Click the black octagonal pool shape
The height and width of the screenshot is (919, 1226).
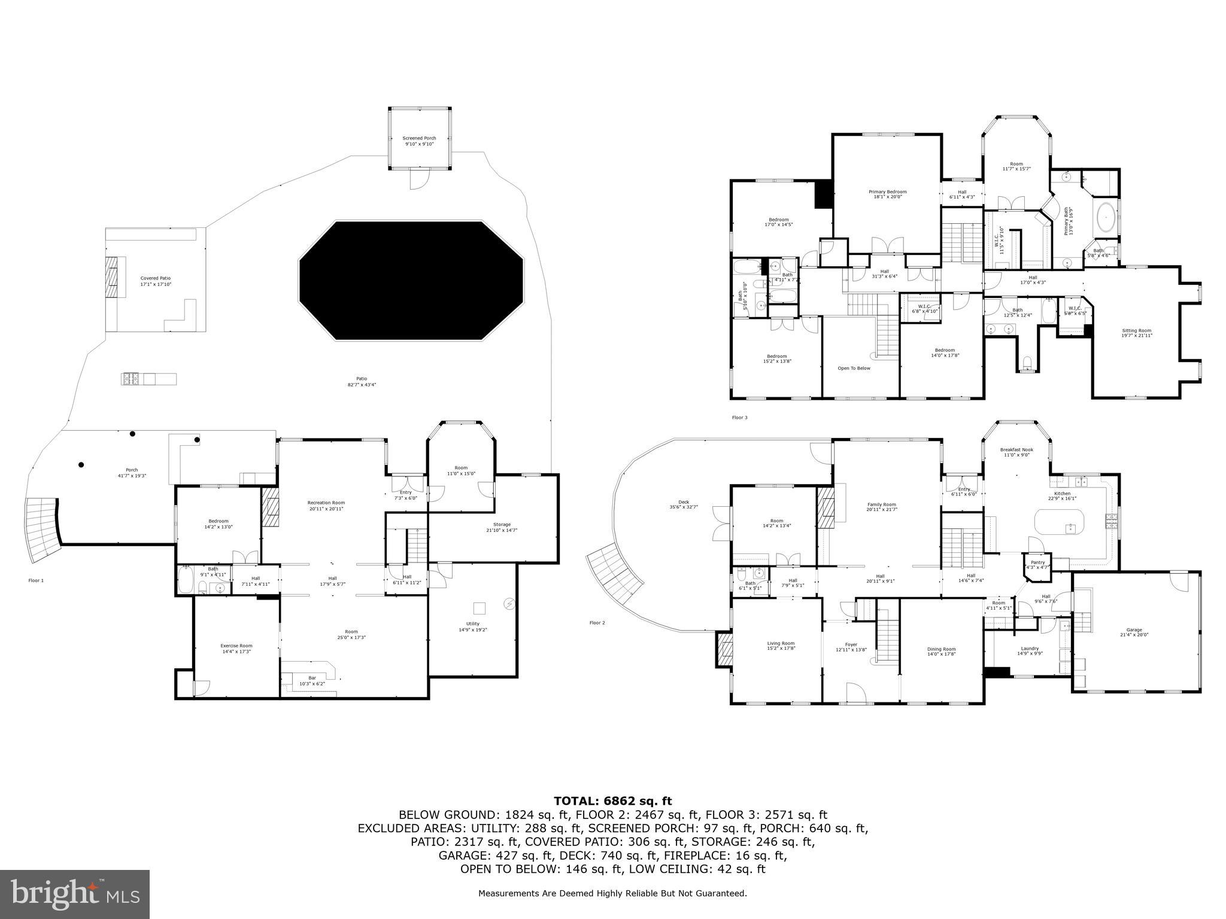pyautogui.click(x=411, y=281)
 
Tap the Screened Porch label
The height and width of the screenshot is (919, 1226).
pyautogui.click(x=419, y=141)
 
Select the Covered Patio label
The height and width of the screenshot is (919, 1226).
pyautogui.click(x=156, y=281)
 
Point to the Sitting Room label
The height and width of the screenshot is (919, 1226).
pyautogui.click(x=1136, y=333)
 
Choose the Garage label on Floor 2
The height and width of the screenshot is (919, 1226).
pyautogui.click(x=1134, y=632)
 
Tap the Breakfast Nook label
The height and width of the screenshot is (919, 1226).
pyautogui.click(x=1016, y=452)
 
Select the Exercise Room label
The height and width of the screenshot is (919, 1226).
pyautogui.click(x=236, y=648)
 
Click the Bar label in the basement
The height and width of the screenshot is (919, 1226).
pyautogui.click(x=312, y=680)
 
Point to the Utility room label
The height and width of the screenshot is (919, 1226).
pyautogui.click(x=473, y=626)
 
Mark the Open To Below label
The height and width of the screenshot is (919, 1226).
pyautogui.click(x=854, y=368)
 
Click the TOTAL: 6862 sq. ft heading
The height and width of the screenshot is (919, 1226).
pyautogui.click(x=612, y=801)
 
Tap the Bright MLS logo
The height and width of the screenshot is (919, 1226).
pyautogui.click(x=75, y=894)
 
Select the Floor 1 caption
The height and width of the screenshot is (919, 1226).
pyautogui.click(x=36, y=580)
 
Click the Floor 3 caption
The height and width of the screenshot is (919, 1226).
pyautogui.click(x=739, y=418)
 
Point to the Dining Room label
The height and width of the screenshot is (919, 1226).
pyautogui.click(x=942, y=652)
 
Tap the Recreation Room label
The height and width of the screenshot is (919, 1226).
pyautogui.click(x=326, y=506)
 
